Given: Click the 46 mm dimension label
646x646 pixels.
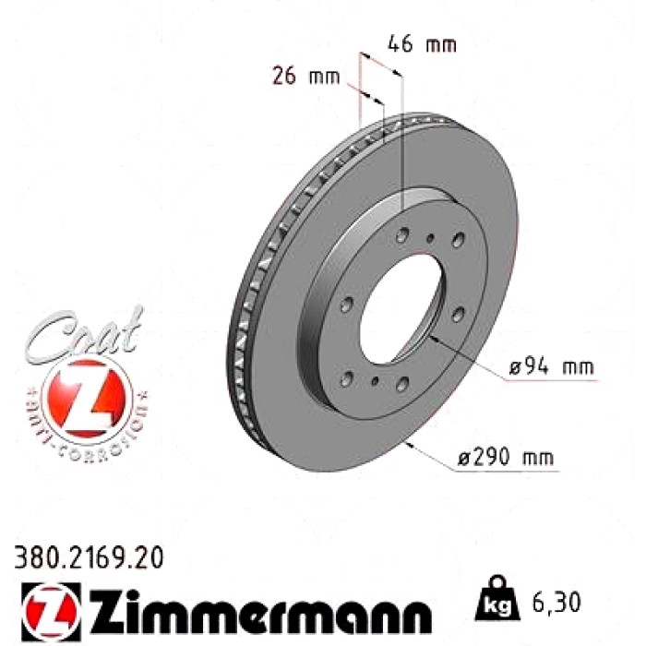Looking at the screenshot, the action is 422,43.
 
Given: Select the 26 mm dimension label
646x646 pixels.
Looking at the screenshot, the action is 306,76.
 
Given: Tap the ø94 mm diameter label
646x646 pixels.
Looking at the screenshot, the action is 551,366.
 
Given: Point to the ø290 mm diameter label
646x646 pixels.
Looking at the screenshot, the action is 506,457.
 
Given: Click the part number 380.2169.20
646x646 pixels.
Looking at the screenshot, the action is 89,557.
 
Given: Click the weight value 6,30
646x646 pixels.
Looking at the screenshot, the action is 556,602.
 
